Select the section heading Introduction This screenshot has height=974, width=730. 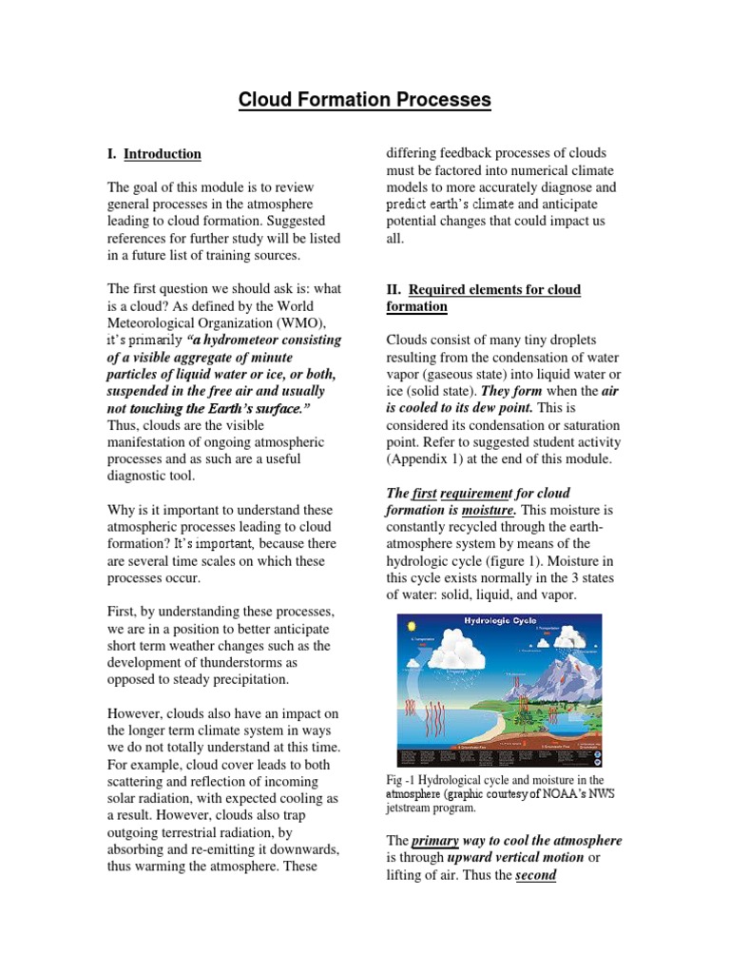click(163, 154)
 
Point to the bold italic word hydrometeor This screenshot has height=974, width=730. click(251, 341)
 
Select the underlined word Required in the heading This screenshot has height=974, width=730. click(441, 289)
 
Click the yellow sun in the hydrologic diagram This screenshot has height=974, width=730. click(411, 625)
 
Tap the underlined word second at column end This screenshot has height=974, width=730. click(536, 875)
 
